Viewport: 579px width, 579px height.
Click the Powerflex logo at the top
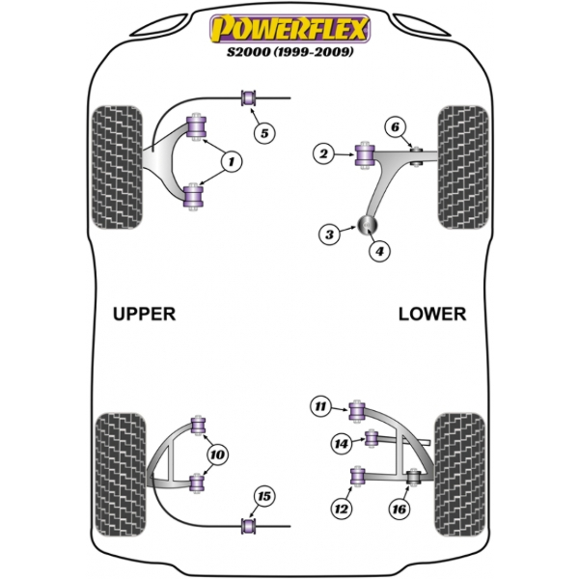pyautogui.click(x=289, y=28)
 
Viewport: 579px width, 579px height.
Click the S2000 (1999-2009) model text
pyautogui.click(x=289, y=52)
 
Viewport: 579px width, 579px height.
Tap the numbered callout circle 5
pyautogui.click(x=264, y=133)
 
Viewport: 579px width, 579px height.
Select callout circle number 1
pyautogui.click(x=232, y=162)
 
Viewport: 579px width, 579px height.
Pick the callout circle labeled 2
pyautogui.click(x=323, y=153)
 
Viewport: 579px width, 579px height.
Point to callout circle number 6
pyautogui.click(x=395, y=127)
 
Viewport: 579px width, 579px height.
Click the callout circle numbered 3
pyautogui.click(x=329, y=234)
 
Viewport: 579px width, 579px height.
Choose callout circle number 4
pyautogui.click(x=379, y=251)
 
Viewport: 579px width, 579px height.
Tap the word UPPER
pyautogui.click(x=144, y=314)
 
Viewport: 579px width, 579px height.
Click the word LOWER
pyautogui.click(x=432, y=314)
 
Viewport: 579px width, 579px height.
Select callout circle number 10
pyautogui.click(x=217, y=455)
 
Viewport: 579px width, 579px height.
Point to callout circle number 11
pyautogui.click(x=320, y=406)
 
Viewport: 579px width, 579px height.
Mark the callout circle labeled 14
pyautogui.click(x=342, y=444)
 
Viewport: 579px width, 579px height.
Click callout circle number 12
pyautogui.click(x=342, y=509)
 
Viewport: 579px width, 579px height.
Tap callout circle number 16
pyautogui.click(x=400, y=510)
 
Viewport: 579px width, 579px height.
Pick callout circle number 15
pyautogui.click(x=264, y=496)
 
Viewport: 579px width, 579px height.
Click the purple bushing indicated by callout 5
pyautogui.click(x=249, y=97)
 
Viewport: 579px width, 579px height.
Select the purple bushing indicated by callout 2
pyautogui.click(x=365, y=155)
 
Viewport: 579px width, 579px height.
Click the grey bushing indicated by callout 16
pyautogui.click(x=413, y=477)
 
